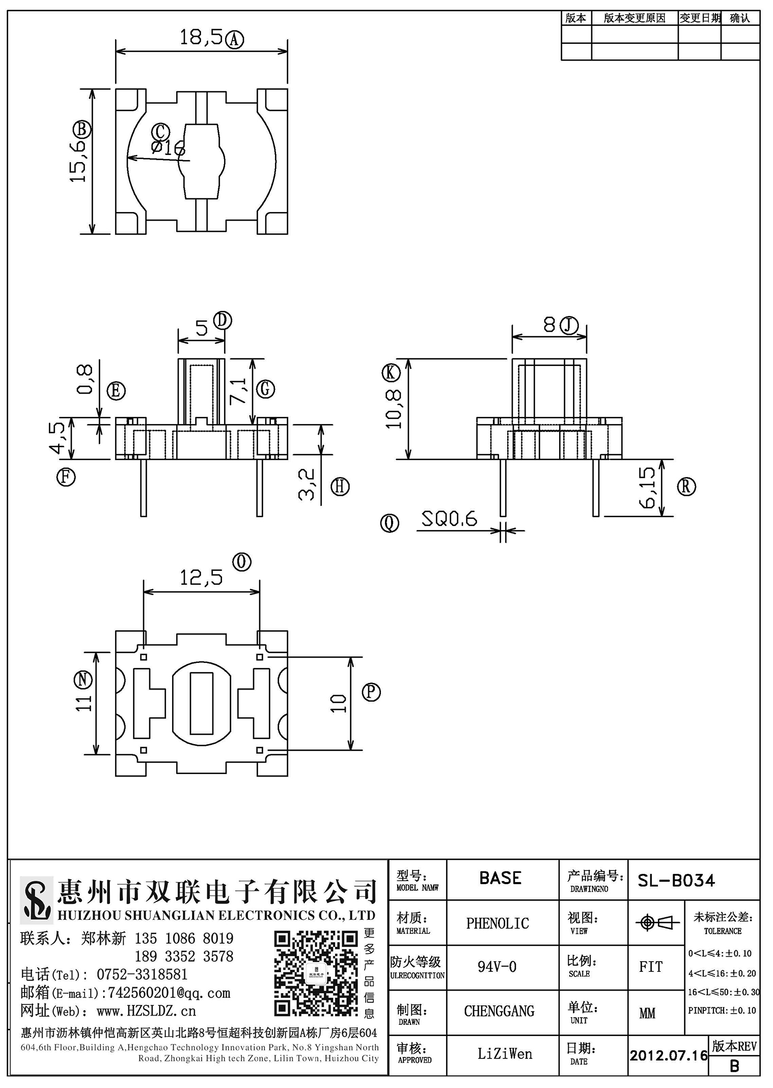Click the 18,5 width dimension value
[201, 37]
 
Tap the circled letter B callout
[82, 129]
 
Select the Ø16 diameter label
[168, 148]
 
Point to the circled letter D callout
[223, 321]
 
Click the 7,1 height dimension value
[238, 391]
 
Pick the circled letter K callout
[391, 373]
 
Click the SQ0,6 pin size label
[449, 519]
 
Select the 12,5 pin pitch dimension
[201, 577]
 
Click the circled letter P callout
[371, 692]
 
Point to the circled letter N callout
[82, 680]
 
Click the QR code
[316, 974]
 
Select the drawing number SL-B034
[676, 880]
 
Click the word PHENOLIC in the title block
[498, 923]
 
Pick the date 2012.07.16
[669, 1055]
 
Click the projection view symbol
[657, 922]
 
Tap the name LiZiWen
[505, 1054]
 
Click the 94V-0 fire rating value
[497, 967]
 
